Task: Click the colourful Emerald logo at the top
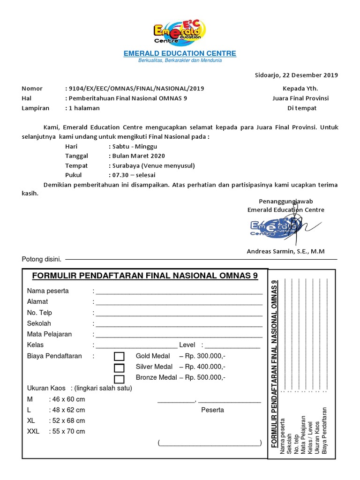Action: pyautogui.click(x=180, y=31)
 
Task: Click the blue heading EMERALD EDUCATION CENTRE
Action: pyautogui.click(x=180, y=53)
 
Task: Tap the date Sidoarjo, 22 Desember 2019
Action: pyautogui.click(x=296, y=75)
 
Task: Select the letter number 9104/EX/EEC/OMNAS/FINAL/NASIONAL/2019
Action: pyautogui.click(x=136, y=89)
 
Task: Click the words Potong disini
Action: pyautogui.click(x=41, y=259)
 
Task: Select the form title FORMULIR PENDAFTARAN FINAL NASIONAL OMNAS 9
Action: pyautogui.click(x=144, y=276)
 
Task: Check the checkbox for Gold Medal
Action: pyautogui.click(x=119, y=356)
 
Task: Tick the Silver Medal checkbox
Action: pyautogui.click(x=119, y=367)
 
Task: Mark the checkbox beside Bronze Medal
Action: pyautogui.click(x=119, y=379)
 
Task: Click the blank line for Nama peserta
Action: pyautogui.click(x=179, y=292)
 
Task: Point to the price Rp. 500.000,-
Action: pyautogui.click(x=205, y=377)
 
